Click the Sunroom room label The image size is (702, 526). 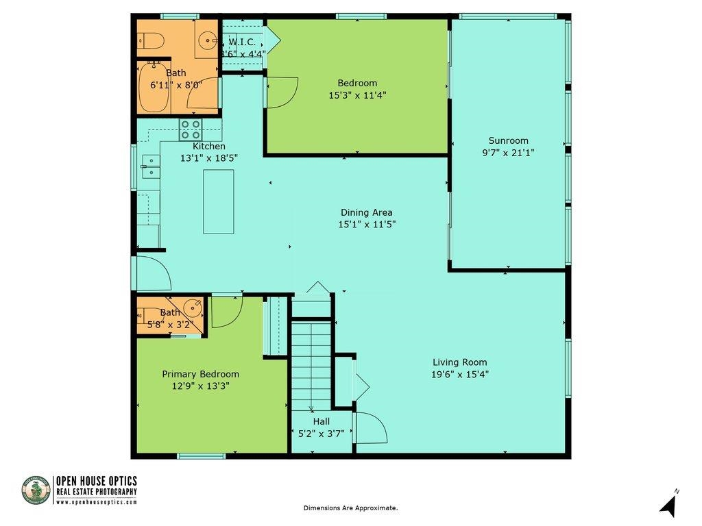click(x=508, y=140)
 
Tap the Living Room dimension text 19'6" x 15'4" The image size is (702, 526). click(x=460, y=375)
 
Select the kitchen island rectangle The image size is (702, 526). click(x=219, y=201)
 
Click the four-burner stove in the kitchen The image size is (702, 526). click(x=191, y=129)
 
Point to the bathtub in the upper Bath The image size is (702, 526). click(x=153, y=87)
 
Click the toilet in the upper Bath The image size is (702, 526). click(x=152, y=40)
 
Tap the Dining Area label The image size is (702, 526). click(x=367, y=212)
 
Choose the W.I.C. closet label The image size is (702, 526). click(x=242, y=42)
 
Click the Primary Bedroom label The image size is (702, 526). click(x=201, y=374)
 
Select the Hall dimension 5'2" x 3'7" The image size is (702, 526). click(x=322, y=433)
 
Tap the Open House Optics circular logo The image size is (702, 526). click(x=36, y=490)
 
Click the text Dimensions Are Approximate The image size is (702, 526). click(x=350, y=508)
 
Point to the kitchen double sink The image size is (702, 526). click(x=152, y=166)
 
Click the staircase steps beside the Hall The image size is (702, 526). click(x=312, y=364)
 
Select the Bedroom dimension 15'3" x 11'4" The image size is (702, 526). click(x=357, y=95)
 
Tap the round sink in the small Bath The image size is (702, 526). click(x=193, y=308)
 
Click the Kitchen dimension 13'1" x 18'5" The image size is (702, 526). click(x=209, y=158)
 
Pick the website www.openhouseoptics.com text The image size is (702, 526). click(x=97, y=502)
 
